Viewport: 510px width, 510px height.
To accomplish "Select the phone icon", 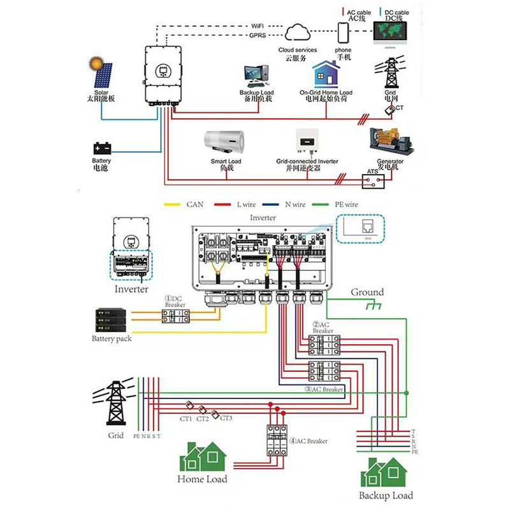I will [344, 32].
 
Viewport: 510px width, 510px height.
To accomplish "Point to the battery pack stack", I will [110, 321].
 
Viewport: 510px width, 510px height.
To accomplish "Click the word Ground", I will [367, 293].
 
